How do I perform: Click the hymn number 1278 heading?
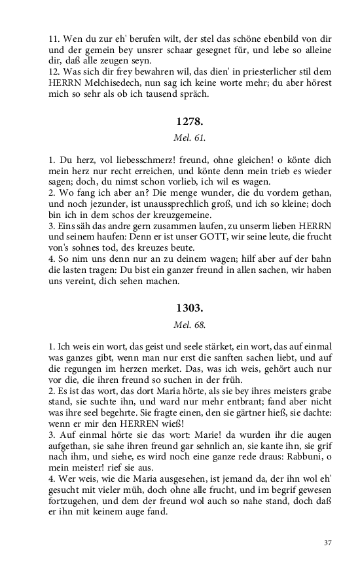(x=190, y=122)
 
